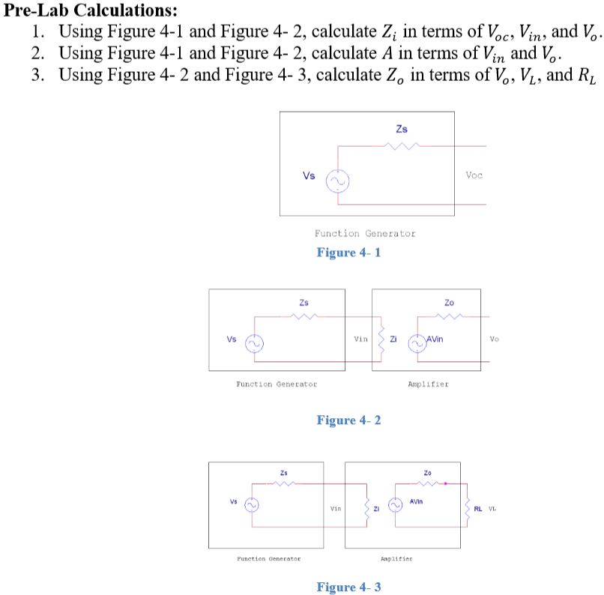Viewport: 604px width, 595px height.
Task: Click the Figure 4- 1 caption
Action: tap(348, 252)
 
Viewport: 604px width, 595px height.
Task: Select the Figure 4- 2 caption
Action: tap(348, 420)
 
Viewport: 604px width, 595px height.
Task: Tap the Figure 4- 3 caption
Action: tap(348, 587)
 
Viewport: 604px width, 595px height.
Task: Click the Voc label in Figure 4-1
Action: tap(474, 175)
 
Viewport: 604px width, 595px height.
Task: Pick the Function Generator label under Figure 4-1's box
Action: tap(365, 234)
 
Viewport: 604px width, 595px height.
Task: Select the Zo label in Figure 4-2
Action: tap(449, 303)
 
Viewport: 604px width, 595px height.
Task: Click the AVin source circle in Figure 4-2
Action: tap(416, 343)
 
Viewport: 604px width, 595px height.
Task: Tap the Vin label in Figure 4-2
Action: tap(360, 339)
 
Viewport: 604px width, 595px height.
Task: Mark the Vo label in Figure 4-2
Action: tap(494, 339)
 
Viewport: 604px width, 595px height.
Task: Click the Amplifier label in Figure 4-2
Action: tap(428, 384)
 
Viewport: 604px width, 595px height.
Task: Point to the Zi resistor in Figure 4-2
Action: tap(381, 339)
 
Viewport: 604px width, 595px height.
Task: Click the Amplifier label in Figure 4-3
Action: tap(396, 558)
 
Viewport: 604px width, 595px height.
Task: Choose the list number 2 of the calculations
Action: tap(37, 53)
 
